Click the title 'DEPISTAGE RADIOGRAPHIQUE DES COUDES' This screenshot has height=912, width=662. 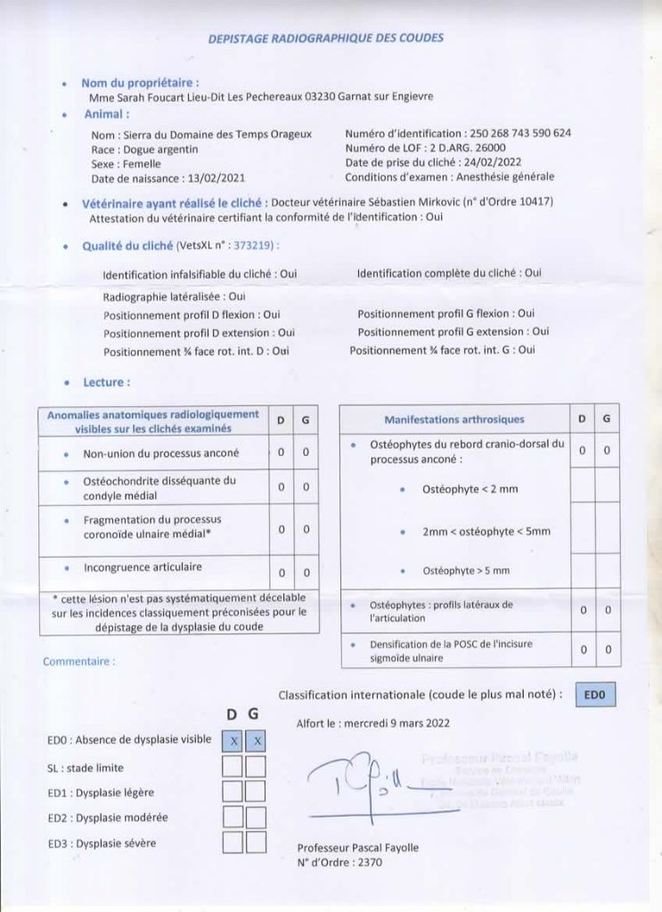325,38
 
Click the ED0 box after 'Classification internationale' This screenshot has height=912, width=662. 594,695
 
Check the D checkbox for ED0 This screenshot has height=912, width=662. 233,740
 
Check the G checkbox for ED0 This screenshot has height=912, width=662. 256,740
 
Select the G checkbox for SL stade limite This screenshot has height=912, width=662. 256,766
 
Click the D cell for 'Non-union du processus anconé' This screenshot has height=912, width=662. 281,452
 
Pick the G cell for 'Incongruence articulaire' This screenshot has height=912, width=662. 306,572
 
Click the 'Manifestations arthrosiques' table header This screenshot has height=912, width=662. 454,419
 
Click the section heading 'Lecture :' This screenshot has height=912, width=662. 106,382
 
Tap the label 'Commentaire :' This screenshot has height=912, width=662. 78,662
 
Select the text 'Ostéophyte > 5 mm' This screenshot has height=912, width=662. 466,570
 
